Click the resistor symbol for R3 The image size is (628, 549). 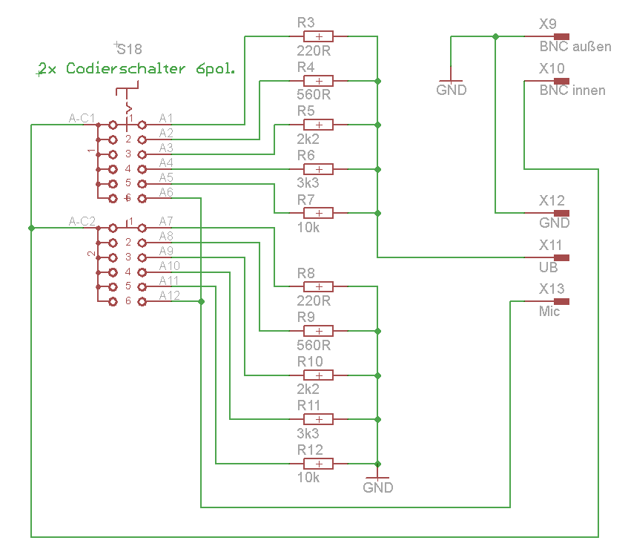pos(318,36)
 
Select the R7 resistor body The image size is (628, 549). pos(318,213)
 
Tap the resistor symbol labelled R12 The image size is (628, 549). pos(318,464)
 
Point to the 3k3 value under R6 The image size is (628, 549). pos(308,183)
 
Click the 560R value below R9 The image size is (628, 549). pos(314,345)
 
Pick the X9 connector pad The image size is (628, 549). pos(561,36)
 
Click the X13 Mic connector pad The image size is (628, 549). pos(561,301)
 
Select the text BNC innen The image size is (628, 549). pos(572,91)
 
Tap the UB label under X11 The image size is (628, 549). pos(549,267)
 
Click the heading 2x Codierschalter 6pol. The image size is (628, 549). pos(136,68)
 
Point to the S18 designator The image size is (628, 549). pos(129,49)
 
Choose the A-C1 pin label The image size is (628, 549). pos(82,118)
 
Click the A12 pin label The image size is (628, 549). pos(169,295)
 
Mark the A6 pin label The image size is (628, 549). pos(166,192)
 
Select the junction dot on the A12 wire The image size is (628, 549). pos(201,301)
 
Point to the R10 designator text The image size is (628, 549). pos(310,361)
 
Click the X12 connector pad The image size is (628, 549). pos(561,213)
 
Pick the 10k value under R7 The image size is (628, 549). pos(308,228)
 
